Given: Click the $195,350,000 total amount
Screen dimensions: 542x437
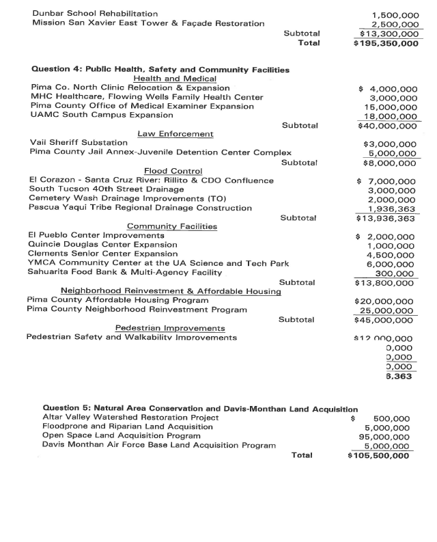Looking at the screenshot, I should tap(386, 43).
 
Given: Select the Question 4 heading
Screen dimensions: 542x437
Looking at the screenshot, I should tap(160, 70).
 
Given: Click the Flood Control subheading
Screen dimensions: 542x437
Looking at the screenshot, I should tap(173, 171).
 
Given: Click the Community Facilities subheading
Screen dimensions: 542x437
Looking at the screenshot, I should tap(172, 226).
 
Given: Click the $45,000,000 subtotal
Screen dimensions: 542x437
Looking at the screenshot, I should tap(384, 319).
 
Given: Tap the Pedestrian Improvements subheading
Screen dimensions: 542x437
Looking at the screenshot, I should tap(175, 328).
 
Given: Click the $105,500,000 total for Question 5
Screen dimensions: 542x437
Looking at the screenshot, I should tap(378, 455).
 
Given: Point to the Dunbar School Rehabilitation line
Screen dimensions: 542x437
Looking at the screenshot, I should tap(95, 14).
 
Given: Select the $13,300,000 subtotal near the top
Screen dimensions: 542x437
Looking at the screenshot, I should tap(389, 33).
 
